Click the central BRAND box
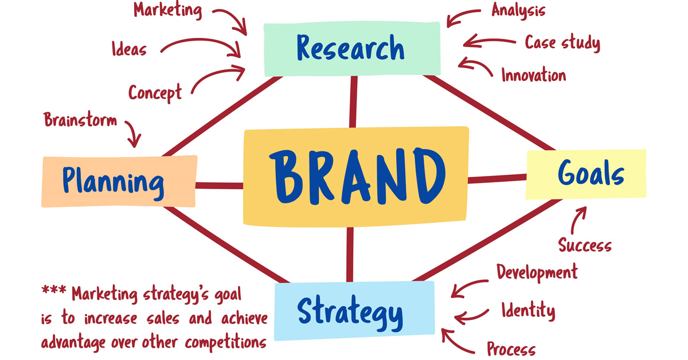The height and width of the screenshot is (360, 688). click(356, 177)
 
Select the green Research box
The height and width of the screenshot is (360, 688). click(352, 49)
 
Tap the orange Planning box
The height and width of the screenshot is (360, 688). click(119, 181)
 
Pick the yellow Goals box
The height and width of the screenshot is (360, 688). click(586, 174)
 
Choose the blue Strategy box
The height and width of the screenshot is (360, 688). click(354, 311)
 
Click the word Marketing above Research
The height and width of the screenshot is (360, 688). click(167, 10)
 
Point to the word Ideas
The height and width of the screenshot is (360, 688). click(129, 49)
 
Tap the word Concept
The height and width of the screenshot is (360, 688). click(155, 93)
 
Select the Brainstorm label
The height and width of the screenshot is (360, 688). click(80, 119)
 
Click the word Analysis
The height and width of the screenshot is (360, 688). click(518, 10)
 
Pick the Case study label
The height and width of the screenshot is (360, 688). click(562, 42)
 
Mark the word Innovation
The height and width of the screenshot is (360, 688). click(534, 75)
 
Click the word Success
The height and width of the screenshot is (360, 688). click(585, 245)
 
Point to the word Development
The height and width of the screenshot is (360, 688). click(537, 272)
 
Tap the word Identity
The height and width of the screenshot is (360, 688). click(528, 310)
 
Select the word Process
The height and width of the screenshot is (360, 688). click(511, 349)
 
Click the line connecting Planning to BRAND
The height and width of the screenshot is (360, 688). click(219, 186)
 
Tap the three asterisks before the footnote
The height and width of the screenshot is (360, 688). click(54, 289)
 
